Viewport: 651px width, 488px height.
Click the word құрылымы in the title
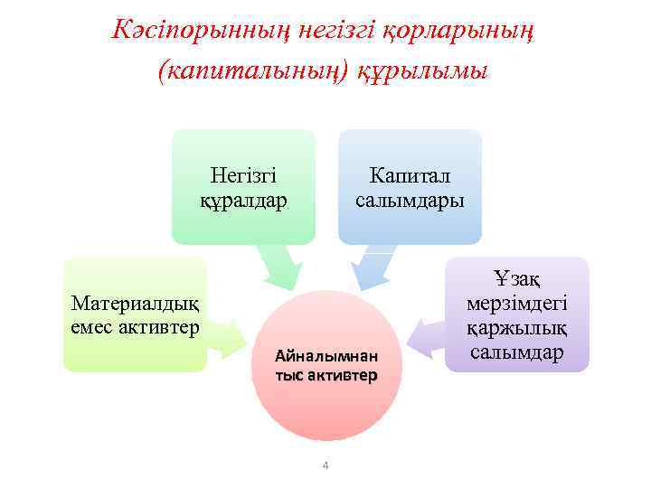422,70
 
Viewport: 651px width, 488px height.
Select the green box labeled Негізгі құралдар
243,186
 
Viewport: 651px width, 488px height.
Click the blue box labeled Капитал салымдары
410,186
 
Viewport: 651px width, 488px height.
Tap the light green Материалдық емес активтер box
135,314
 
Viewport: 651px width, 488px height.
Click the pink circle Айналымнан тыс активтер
325,365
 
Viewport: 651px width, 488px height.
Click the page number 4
325,466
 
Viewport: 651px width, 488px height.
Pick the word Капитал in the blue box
410,174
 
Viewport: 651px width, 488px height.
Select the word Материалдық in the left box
135,303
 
